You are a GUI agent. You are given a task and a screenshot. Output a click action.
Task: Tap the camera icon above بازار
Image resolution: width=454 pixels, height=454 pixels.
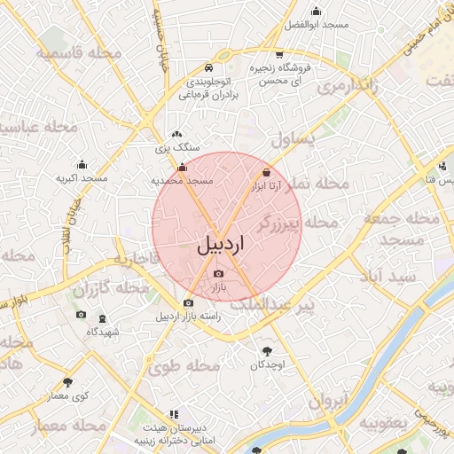point(219,274)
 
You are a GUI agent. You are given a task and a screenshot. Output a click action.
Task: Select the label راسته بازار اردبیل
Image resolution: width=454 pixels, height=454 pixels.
point(187,317)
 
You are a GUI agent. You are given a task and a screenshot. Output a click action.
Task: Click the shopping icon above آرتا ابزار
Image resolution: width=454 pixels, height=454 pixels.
point(267,172)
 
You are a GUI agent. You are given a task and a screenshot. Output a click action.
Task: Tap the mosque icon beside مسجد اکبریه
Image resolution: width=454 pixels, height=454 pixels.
point(82,164)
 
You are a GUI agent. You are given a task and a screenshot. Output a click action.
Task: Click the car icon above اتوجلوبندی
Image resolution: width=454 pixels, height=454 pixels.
point(207,67)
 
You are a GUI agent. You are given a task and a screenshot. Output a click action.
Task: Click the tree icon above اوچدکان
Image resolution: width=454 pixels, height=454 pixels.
point(266,350)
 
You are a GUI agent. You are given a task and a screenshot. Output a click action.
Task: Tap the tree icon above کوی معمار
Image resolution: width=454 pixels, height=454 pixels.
point(67,382)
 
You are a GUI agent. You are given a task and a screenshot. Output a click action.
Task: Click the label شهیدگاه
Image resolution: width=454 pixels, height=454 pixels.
point(104,331)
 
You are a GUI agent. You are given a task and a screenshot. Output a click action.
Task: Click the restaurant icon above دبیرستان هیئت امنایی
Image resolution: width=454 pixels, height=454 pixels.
point(174,413)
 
